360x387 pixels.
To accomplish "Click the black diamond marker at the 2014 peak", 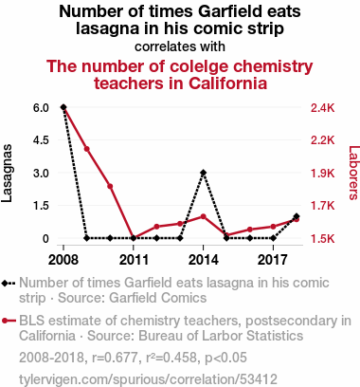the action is pos(204,173).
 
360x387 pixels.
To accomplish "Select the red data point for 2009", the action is pos(87,149).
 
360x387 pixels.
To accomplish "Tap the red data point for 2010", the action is pos(110,186).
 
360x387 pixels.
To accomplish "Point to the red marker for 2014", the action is pos(204,216).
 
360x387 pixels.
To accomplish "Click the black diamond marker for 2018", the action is pos(297,216).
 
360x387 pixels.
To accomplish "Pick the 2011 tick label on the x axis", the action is pos(134,260).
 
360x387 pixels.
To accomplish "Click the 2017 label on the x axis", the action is pos(273,260).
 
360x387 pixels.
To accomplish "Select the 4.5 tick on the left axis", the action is pos(41,140).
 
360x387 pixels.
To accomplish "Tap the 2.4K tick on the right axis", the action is pos(322,108).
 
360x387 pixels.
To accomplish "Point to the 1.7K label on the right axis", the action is pos(322,206).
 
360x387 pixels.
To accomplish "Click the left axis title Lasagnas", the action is pos(7,173).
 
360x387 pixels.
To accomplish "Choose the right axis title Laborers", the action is pos(353,173).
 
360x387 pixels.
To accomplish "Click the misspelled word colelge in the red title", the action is pos(199,66).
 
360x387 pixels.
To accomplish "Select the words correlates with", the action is pos(180,46).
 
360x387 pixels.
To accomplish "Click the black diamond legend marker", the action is pos(5,284).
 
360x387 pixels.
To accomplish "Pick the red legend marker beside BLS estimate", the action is pos(5,321).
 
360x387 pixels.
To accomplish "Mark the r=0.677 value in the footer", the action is pos(115,358).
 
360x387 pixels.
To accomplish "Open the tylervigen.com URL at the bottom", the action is pos(148,379).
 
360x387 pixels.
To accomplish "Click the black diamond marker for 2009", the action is pos(87,238).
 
